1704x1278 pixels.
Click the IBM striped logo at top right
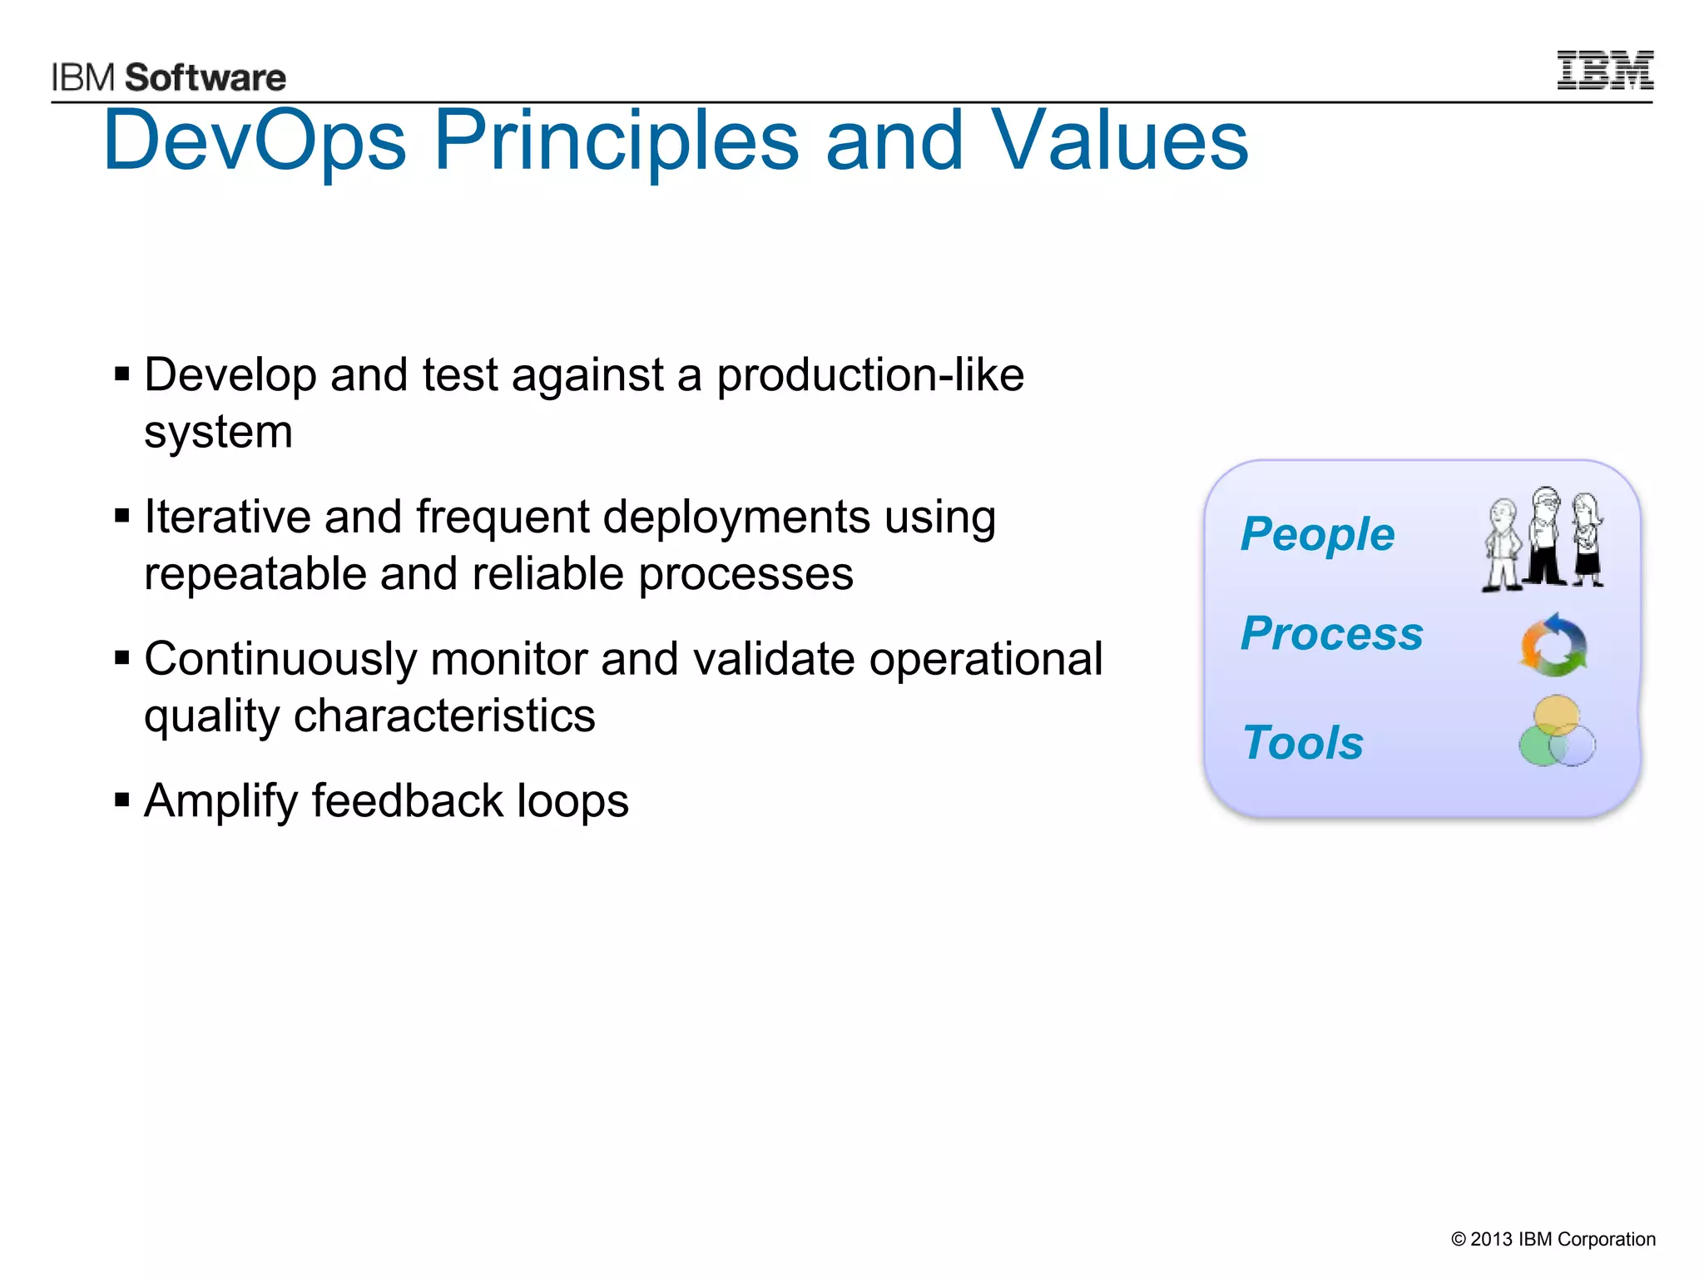click(1604, 70)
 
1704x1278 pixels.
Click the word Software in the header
click(206, 78)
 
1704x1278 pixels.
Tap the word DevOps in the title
click(254, 141)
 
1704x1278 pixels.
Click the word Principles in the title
click(616, 141)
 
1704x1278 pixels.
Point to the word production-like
click(870, 375)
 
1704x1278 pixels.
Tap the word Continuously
click(280, 660)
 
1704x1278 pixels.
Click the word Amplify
click(220, 802)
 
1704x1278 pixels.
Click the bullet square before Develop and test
click(122, 374)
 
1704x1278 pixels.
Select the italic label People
click(1317, 534)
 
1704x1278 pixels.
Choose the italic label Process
click(1331, 634)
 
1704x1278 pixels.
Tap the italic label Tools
click(1303, 742)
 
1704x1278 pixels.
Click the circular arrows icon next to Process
click(1553, 646)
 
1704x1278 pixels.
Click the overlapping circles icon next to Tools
click(1557, 732)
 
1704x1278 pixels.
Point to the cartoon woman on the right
click(1588, 539)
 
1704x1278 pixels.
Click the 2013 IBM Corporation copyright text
click(1553, 1239)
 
